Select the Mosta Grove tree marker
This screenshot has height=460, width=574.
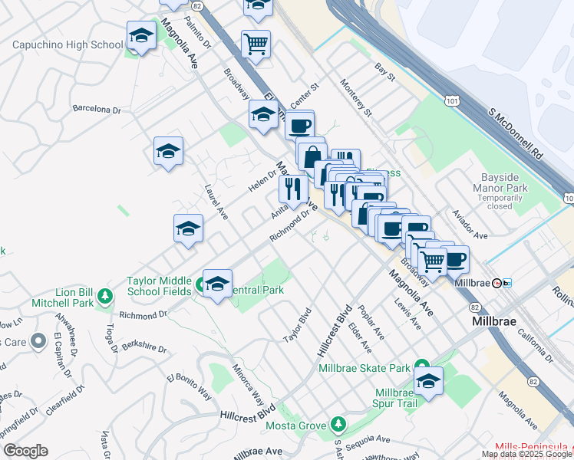pyautogui.click(x=338, y=423)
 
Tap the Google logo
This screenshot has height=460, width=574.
pyautogui.click(x=25, y=451)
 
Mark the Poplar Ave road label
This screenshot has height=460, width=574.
pyautogui.click(x=371, y=325)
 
